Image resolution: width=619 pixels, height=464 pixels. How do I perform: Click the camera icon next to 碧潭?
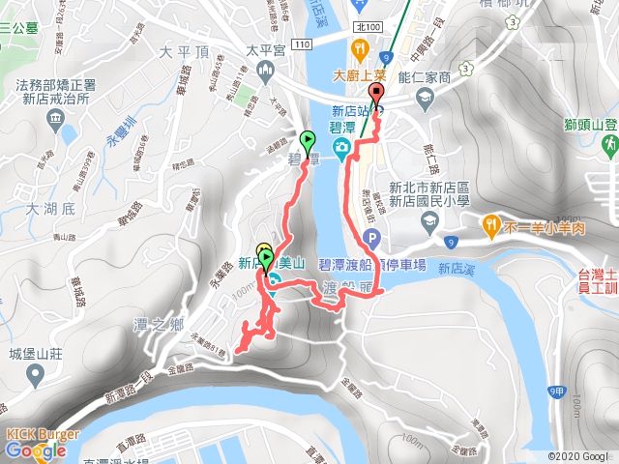340,147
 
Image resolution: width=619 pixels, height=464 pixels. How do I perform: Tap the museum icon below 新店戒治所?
53,122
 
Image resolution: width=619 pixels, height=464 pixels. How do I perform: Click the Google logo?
35,450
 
